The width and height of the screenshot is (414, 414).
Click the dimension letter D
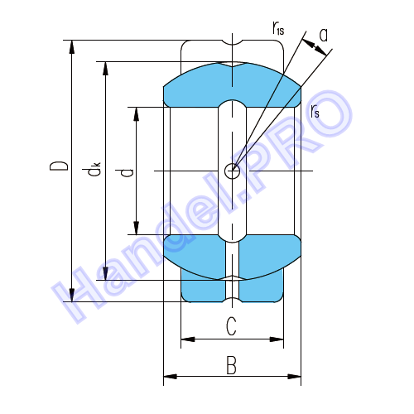(59, 166)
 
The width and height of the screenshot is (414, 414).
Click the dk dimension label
(92, 169)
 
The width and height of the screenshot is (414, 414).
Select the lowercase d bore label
(124, 173)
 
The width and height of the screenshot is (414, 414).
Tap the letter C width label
(231, 326)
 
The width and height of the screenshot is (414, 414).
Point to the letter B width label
(231, 365)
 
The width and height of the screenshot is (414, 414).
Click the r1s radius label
(278, 27)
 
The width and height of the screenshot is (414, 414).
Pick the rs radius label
(315, 111)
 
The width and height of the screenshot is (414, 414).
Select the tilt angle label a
(324, 36)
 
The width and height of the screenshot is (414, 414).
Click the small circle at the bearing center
(232, 171)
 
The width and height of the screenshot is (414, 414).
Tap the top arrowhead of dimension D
(72, 47)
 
